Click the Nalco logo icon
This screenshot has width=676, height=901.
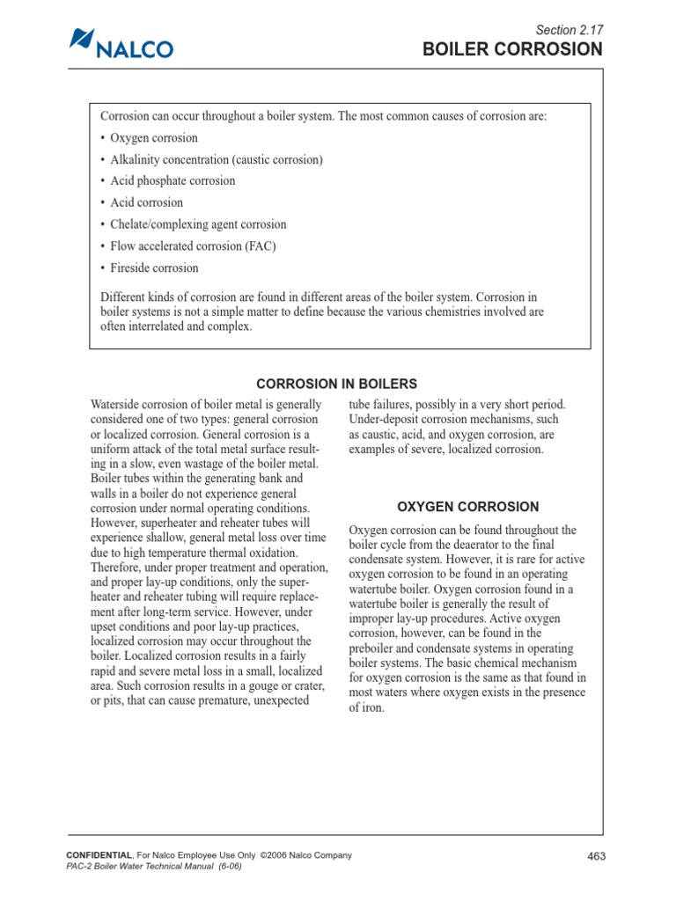81,40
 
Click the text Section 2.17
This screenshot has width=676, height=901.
569,29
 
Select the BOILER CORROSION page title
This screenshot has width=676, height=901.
513,49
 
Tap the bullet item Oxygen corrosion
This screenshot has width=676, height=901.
153,138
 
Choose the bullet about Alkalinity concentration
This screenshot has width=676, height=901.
216,160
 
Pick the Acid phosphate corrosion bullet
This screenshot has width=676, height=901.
173,181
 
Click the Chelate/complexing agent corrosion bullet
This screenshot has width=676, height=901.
198,224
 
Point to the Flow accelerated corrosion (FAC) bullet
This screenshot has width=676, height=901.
193,246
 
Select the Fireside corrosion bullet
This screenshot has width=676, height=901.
154,268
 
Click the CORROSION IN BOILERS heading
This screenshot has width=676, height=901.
336,384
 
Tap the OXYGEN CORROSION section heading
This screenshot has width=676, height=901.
467,507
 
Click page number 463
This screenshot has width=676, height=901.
596,857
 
